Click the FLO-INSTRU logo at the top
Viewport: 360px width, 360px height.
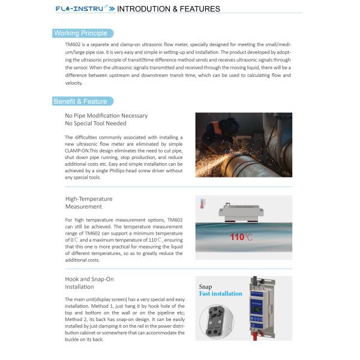pyautogui.click(x=80, y=9)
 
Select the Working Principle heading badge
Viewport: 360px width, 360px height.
pyautogui.click(x=80, y=33)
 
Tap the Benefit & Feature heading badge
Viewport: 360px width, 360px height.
pyautogui.click(x=80, y=101)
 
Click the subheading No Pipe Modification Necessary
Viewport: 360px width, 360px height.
pyautogui.click(x=106, y=115)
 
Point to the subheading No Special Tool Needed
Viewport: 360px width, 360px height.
pyautogui.click(x=95, y=123)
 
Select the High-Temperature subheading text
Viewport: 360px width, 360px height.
pyautogui.click(x=88, y=199)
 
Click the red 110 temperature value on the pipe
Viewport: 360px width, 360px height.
pyautogui.click(x=237, y=237)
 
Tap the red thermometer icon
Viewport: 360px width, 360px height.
pyautogui.click(x=203, y=203)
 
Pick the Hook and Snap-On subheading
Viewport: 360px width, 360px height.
pyautogui.click(x=89, y=279)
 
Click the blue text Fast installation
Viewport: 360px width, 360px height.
pyautogui.click(x=221, y=293)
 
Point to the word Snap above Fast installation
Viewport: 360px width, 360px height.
pyautogui.click(x=205, y=287)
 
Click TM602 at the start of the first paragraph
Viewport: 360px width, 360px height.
pyautogui.click(x=73, y=44)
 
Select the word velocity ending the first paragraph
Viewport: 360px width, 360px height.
pyautogui.click(x=74, y=83)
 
